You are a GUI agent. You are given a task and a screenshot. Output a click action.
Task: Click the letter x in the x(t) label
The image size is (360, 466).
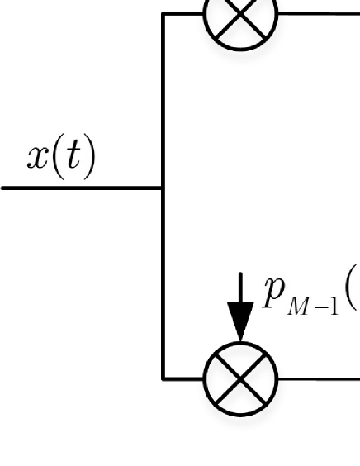(x=38, y=158)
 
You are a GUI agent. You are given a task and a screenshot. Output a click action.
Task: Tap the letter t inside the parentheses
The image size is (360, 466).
(x=73, y=155)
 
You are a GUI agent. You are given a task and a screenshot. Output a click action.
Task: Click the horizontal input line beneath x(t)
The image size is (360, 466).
(x=82, y=188)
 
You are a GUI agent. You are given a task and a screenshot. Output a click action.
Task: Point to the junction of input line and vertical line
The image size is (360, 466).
(x=163, y=188)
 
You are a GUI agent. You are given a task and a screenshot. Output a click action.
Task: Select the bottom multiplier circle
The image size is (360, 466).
(x=240, y=379)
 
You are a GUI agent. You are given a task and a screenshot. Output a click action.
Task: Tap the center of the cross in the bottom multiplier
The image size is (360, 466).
(x=240, y=379)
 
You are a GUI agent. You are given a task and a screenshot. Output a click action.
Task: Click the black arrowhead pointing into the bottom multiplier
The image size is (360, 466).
(x=240, y=321)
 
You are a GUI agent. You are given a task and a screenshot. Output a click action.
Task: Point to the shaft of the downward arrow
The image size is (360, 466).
(x=240, y=288)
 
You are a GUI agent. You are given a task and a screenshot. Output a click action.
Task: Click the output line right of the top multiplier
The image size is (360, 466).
(x=319, y=14)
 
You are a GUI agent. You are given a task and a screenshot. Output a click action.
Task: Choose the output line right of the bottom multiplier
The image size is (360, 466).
(x=319, y=379)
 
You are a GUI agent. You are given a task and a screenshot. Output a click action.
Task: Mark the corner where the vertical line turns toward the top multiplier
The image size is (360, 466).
(x=163, y=14)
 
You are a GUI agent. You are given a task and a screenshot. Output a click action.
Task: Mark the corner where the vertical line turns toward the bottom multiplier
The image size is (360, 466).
(x=163, y=379)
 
